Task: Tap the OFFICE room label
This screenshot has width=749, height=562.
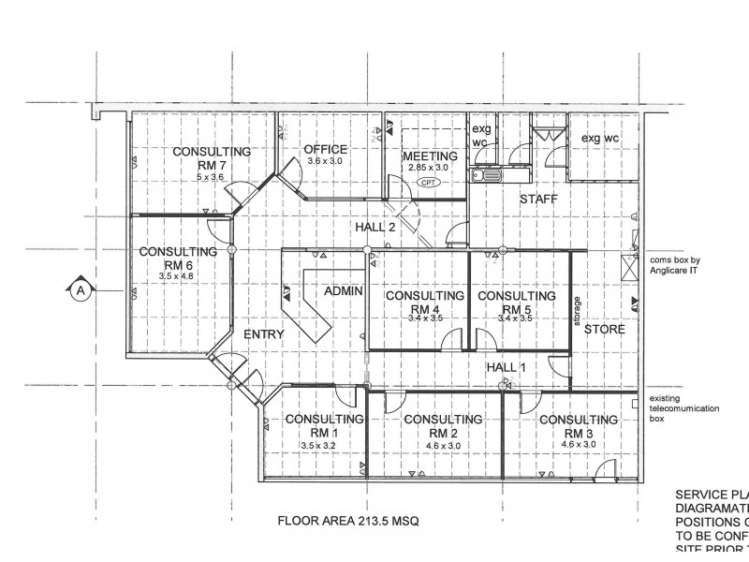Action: tap(325, 150)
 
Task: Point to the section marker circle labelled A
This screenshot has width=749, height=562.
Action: tap(81, 291)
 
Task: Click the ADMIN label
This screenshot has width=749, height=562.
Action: tap(343, 292)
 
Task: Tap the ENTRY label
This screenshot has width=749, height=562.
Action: tap(264, 334)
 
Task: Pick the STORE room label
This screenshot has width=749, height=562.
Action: tap(604, 331)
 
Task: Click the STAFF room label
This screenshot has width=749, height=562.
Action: tap(538, 200)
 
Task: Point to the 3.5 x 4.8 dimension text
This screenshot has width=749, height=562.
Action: tap(176, 276)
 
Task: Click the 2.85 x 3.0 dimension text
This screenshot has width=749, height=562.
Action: tap(430, 167)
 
